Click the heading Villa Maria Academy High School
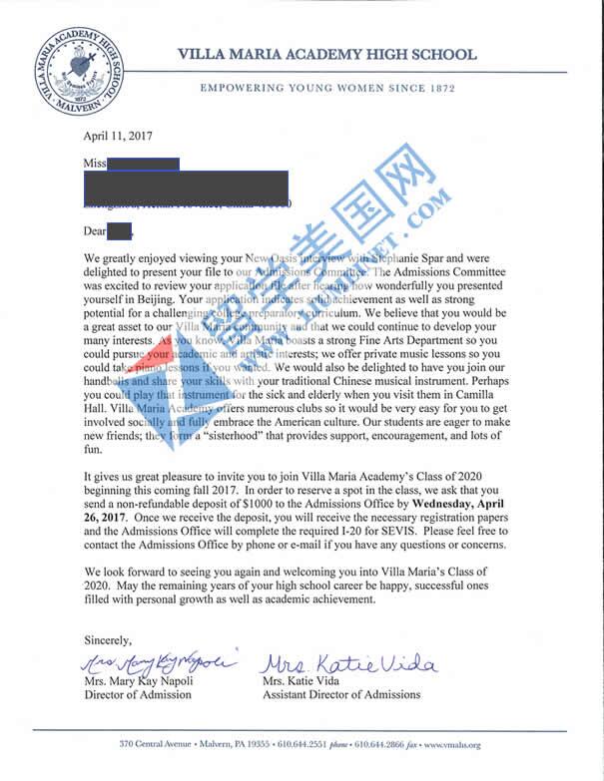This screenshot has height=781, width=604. (326, 55)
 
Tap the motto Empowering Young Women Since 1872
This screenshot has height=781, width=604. (327, 89)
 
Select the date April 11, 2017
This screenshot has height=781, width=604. (119, 137)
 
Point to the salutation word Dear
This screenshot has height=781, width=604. (95, 231)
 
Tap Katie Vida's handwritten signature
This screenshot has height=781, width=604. (350, 662)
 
